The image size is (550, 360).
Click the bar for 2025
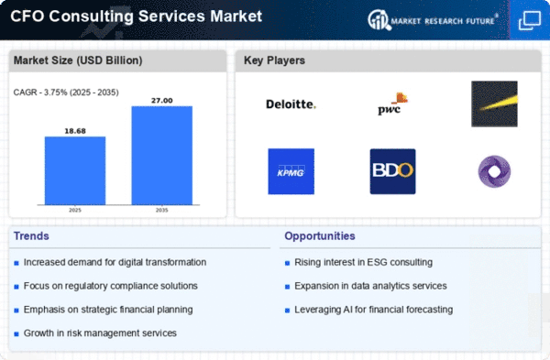pyautogui.click(x=75, y=170)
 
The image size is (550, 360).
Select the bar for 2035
pyautogui.click(x=161, y=156)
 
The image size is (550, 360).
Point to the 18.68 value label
pyautogui.click(x=75, y=131)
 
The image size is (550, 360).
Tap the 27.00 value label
pyautogui.click(x=161, y=101)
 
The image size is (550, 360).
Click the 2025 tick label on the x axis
pyautogui.click(x=75, y=210)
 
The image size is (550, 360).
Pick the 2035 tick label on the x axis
pyautogui.click(x=161, y=210)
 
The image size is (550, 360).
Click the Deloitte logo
pyautogui.click(x=291, y=104)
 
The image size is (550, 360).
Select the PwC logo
pyautogui.click(x=392, y=104)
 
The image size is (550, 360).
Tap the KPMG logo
pyautogui.click(x=291, y=171)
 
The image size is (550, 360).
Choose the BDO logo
pyautogui.click(x=393, y=171)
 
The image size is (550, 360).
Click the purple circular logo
pyautogui.click(x=494, y=171)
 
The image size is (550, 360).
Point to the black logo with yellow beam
pyautogui.click(x=494, y=104)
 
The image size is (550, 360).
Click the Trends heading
pyautogui.click(x=31, y=236)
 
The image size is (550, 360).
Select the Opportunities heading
pyautogui.click(x=320, y=236)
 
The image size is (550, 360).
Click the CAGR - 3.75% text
pyautogui.click(x=40, y=93)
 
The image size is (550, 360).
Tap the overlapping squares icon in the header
pyautogui.click(x=530, y=20)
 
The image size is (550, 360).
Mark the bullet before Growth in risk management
pyautogui.click(x=16, y=334)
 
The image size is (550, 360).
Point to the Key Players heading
pyautogui.click(x=274, y=60)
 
